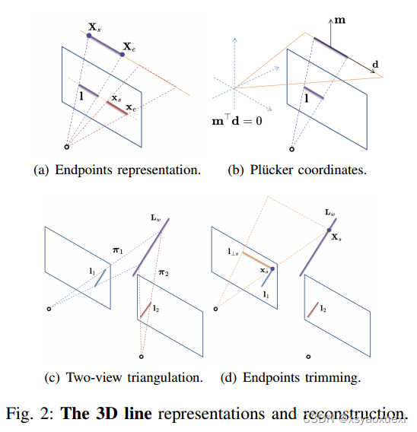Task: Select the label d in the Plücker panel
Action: click(x=376, y=66)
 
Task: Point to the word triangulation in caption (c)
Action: click(x=159, y=376)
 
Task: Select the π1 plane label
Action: click(x=117, y=250)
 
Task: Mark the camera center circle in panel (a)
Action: click(x=67, y=145)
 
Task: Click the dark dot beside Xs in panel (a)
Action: click(x=91, y=35)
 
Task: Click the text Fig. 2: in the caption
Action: click(x=31, y=413)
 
